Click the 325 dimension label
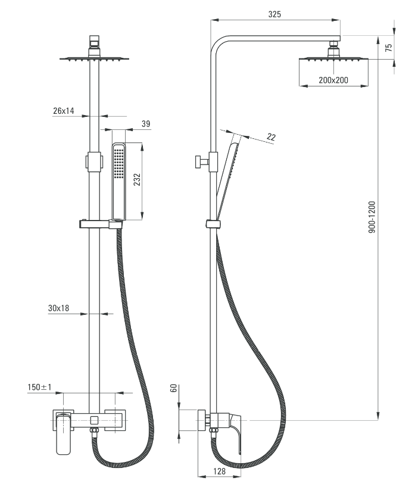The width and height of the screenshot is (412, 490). coord(274,14)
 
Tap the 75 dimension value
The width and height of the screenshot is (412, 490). coord(389,48)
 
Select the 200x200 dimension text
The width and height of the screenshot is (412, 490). coord(333,80)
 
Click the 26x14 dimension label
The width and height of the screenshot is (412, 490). coord(63,111)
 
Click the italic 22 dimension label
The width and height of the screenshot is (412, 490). coord(271,138)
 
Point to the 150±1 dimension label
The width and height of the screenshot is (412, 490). coord(40,387)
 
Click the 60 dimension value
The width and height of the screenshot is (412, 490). coord(174,389)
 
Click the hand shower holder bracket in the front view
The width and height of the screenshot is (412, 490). coord(101,224)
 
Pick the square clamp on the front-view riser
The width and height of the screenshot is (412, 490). coord(93,161)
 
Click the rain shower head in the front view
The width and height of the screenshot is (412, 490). coord(93,58)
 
